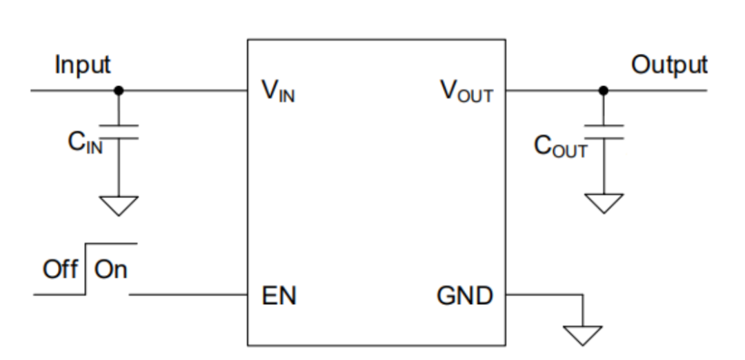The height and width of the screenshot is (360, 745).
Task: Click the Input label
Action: tap(83, 66)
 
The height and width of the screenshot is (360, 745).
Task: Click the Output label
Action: tap(669, 65)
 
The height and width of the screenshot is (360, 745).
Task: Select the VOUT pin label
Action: tap(466, 92)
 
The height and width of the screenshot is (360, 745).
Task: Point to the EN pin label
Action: tap(279, 297)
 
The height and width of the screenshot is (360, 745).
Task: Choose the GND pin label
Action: tap(465, 297)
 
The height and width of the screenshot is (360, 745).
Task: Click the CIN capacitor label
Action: tap(85, 146)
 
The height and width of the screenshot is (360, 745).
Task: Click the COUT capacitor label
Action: tap(561, 147)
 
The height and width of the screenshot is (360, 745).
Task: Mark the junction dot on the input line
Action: tap(119, 90)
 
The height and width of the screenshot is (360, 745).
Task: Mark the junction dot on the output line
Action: tap(604, 90)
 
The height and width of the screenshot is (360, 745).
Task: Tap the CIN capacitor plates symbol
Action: tap(119, 132)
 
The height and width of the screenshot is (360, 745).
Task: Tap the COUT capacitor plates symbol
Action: tap(604, 132)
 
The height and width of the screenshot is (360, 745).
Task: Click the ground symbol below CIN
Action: tap(119, 205)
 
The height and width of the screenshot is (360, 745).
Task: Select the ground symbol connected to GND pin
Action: tap(583, 334)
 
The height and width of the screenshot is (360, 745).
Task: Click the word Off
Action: tap(60, 270)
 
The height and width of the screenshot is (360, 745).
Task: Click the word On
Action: tap(111, 270)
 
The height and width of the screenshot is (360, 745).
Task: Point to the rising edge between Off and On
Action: tap(86, 269)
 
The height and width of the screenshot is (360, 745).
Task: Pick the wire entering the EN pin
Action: tap(190, 295)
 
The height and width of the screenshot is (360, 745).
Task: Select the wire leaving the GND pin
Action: tap(545, 295)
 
